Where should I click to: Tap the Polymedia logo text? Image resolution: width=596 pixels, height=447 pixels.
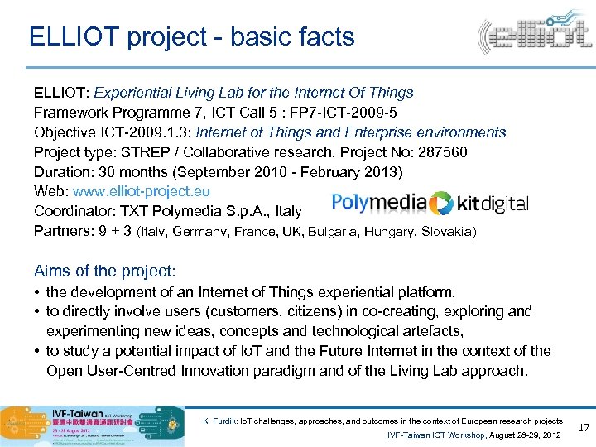(x=378, y=203)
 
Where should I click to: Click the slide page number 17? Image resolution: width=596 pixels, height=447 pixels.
(x=581, y=428)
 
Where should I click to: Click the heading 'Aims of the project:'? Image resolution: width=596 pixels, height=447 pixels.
(x=105, y=272)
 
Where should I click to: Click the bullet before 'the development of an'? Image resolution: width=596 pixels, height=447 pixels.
(x=38, y=292)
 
